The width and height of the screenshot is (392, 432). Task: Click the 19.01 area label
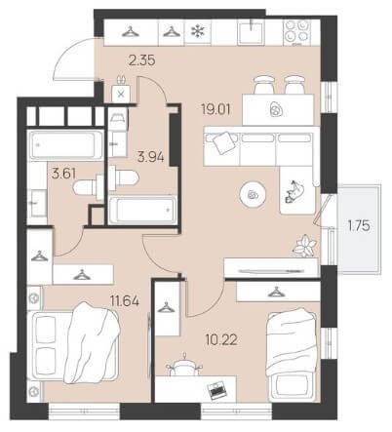pyautogui.click(x=216, y=109)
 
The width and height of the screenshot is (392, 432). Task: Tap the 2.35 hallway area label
pyautogui.click(x=141, y=60)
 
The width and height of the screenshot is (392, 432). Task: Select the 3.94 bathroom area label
pyautogui.click(x=150, y=157)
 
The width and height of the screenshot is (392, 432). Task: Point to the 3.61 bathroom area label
pyautogui.click(x=63, y=174)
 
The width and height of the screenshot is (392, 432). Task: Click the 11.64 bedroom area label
pyautogui.click(x=125, y=301)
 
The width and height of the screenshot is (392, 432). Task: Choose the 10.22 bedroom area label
pyautogui.click(x=221, y=340)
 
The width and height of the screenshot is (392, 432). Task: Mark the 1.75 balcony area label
pyautogui.click(x=359, y=225)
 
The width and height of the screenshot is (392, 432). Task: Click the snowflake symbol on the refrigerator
pyautogui.click(x=197, y=31)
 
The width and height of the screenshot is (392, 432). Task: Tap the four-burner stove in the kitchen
pyautogui.click(x=296, y=32)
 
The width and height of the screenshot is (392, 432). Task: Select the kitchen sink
pyautogui.click(x=251, y=31)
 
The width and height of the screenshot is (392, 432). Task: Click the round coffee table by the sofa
pyautogui.click(x=253, y=195)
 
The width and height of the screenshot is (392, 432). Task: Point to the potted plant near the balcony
pyautogui.click(x=304, y=246)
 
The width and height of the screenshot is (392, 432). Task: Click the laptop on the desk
pyautogui.click(x=216, y=388)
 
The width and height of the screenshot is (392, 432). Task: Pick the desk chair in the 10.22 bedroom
pyautogui.click(x=184, y=367)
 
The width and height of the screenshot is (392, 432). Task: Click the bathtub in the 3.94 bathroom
pyautogui.click(x=143, y=210)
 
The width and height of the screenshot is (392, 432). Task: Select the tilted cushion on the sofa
pyautogui.click(x=223, y=142)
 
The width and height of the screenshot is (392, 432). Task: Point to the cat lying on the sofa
pyautogui.click(x=294, y=192)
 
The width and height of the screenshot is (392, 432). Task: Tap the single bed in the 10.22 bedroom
pyautogui.click(x=292, y=356)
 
